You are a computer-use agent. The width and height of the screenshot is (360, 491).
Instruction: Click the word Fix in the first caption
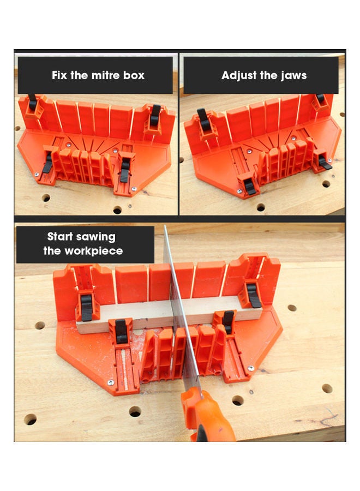pos(59,75)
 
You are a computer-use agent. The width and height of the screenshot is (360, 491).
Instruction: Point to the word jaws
pos(292,75)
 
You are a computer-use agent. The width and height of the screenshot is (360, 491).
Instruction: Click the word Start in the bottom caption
pos(61,237)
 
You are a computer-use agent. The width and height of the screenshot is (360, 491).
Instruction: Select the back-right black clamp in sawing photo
pos(254,295)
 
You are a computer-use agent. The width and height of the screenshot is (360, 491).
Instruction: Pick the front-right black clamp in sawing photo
pos(228,322)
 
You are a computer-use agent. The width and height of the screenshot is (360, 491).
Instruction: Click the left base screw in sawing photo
pos(111,382)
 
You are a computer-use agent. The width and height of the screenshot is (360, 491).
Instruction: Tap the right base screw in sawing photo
pos(251,369)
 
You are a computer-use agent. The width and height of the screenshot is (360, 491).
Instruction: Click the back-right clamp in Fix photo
pos(155,116)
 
